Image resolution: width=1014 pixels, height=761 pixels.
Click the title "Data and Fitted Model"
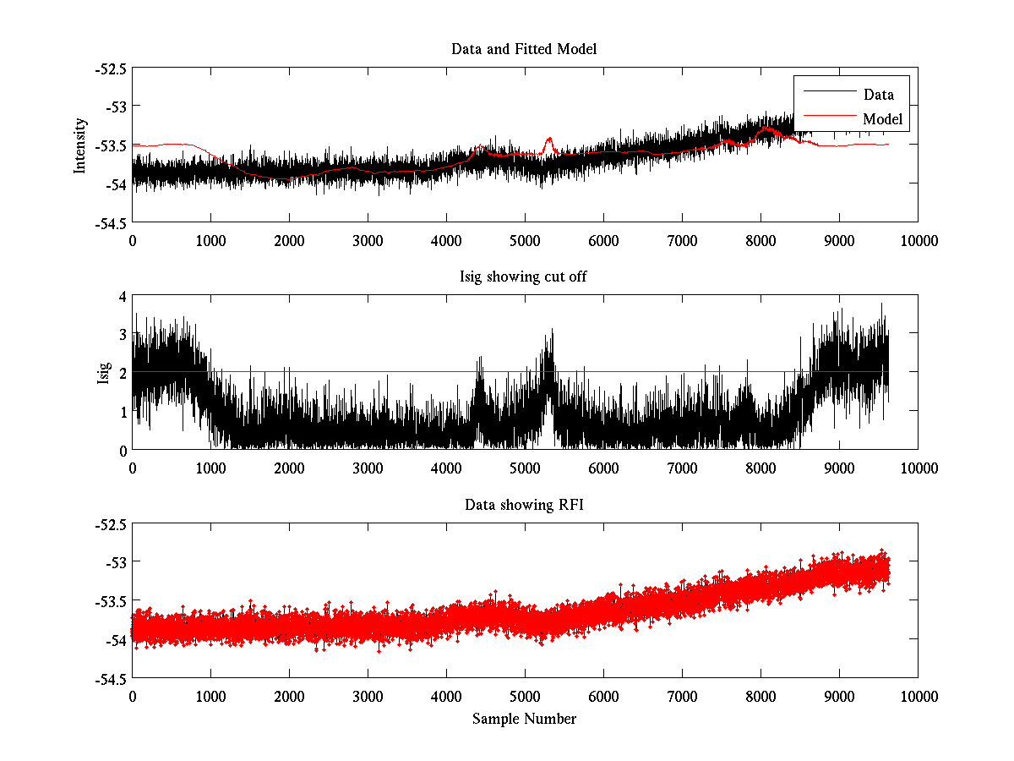point(524,49)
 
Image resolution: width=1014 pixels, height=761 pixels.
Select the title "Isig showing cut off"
point(524,277)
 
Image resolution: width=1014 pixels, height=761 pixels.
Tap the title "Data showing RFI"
point(524,505)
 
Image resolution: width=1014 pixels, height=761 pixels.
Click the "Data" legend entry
point(878,95)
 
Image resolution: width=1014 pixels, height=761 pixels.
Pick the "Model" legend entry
point(882,119)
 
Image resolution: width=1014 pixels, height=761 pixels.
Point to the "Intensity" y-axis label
point(80,145)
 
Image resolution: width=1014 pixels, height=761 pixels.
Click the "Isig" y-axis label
point(104,373)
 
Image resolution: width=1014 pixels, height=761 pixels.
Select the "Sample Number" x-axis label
point(524,719)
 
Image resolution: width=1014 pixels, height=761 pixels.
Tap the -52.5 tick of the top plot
point(110,68)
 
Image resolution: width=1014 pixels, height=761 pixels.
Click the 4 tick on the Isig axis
point(122,296)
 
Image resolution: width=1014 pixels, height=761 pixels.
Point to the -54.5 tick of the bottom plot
point(110,678)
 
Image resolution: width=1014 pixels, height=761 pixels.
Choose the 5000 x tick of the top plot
point(525,240)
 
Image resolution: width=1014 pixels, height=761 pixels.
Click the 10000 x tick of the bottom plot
point(918,696)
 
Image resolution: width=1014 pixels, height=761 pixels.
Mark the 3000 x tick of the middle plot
point(368,468)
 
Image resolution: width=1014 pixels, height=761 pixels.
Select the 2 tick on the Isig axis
point(122,373)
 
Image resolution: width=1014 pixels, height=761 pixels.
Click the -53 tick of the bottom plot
point(115,562)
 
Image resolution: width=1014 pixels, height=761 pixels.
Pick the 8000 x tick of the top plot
point(760,240)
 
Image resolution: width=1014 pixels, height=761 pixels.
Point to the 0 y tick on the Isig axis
point(122,450)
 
